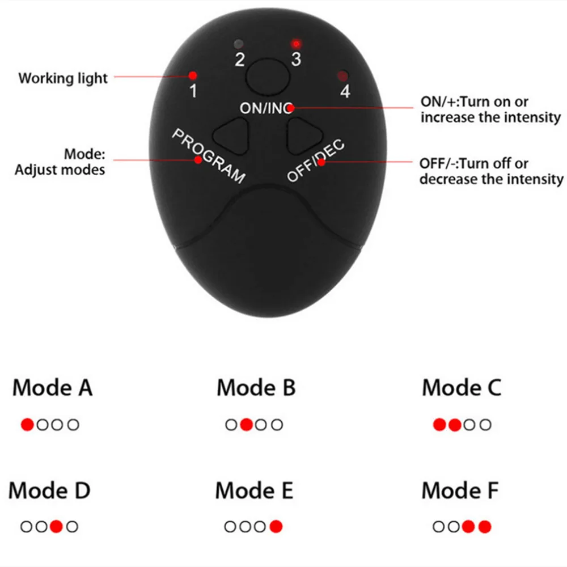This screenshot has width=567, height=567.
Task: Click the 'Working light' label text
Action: point(62,78)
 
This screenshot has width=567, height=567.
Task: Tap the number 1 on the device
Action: point(193,90)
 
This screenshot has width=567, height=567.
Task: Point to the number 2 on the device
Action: point(240,59)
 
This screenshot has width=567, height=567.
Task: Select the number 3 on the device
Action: point(295,59)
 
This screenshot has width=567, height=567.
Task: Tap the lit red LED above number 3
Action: point(295,43)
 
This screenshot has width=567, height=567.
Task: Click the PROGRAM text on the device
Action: point(209,155)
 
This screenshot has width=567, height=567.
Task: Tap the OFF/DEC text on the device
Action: point(316,160)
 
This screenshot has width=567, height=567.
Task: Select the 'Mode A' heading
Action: point(52,388)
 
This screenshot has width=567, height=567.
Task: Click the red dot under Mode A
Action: point(27,425)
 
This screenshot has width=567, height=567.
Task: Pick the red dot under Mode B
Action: point(246,425)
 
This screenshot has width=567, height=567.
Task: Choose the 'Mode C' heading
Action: point(462,388)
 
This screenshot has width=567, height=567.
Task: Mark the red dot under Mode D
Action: point(56,527)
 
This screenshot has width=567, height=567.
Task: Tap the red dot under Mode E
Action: point(276,527)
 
